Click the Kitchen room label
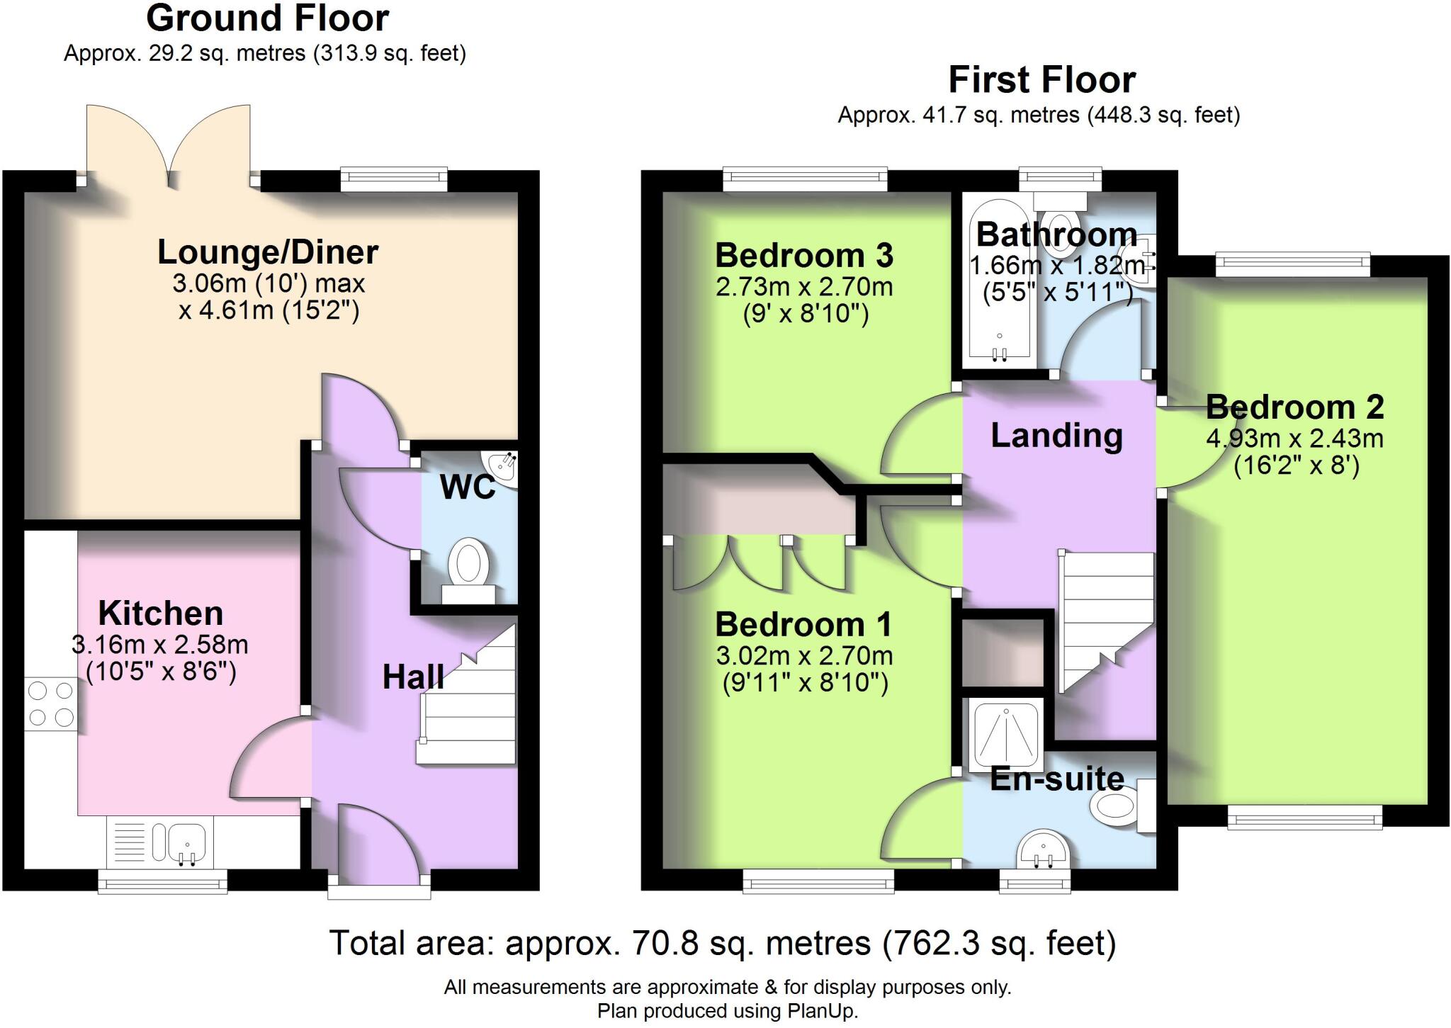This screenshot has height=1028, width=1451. (160, 614)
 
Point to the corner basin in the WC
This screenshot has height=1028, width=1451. (504, 468)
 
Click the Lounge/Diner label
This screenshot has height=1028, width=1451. (268, 252)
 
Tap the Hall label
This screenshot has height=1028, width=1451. (413, 677)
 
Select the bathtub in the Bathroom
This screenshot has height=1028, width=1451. (999, 283)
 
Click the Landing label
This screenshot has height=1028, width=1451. (1056, 436)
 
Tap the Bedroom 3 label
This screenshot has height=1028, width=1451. (803, 256)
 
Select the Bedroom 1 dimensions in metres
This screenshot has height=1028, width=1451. (803, 656)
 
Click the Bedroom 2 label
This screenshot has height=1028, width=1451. (1294, 407)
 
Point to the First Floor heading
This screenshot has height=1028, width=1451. (1041, 79)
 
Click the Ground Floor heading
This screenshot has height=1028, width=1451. (267, 18)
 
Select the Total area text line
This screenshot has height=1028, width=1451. (723, 943)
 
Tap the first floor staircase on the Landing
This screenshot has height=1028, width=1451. (1105, 616)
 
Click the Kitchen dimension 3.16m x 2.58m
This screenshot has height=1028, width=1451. (160, 645)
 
